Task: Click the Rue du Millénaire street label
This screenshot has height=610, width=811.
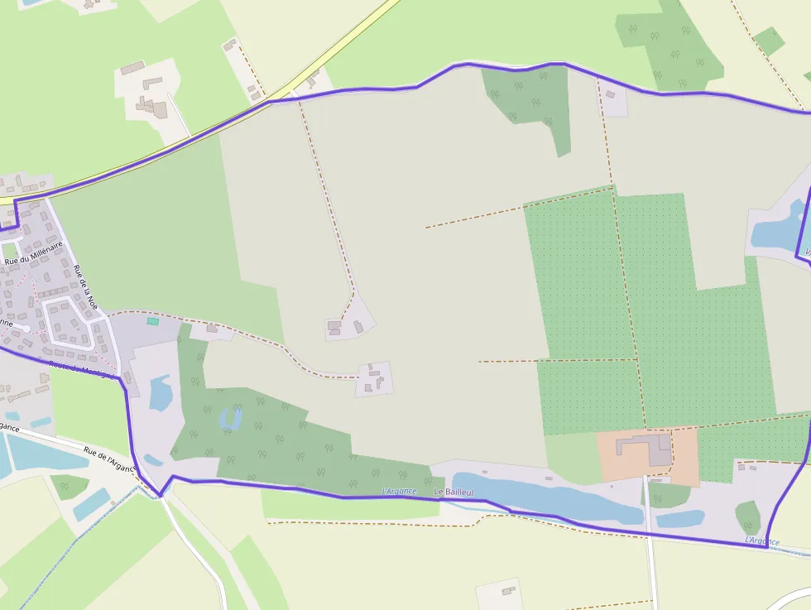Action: [33, 252]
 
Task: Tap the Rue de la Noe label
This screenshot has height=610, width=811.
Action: [85, 287]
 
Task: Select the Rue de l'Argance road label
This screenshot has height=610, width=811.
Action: [108, 459]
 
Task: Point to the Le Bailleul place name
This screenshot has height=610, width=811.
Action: [453, 492]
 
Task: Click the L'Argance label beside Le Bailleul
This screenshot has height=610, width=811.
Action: [396, 492]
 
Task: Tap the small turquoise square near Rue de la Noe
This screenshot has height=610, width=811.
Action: [152, 321]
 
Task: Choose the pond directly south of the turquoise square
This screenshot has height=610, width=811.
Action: [161, 392]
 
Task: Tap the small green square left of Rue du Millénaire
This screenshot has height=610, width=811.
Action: [9, 250]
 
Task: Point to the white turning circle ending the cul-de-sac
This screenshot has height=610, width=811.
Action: [26, 329]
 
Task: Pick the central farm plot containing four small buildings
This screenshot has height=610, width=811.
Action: [374, 379]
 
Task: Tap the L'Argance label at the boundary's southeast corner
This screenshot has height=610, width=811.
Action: [761, 541]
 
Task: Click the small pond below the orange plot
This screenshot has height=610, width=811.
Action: [680, 519]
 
